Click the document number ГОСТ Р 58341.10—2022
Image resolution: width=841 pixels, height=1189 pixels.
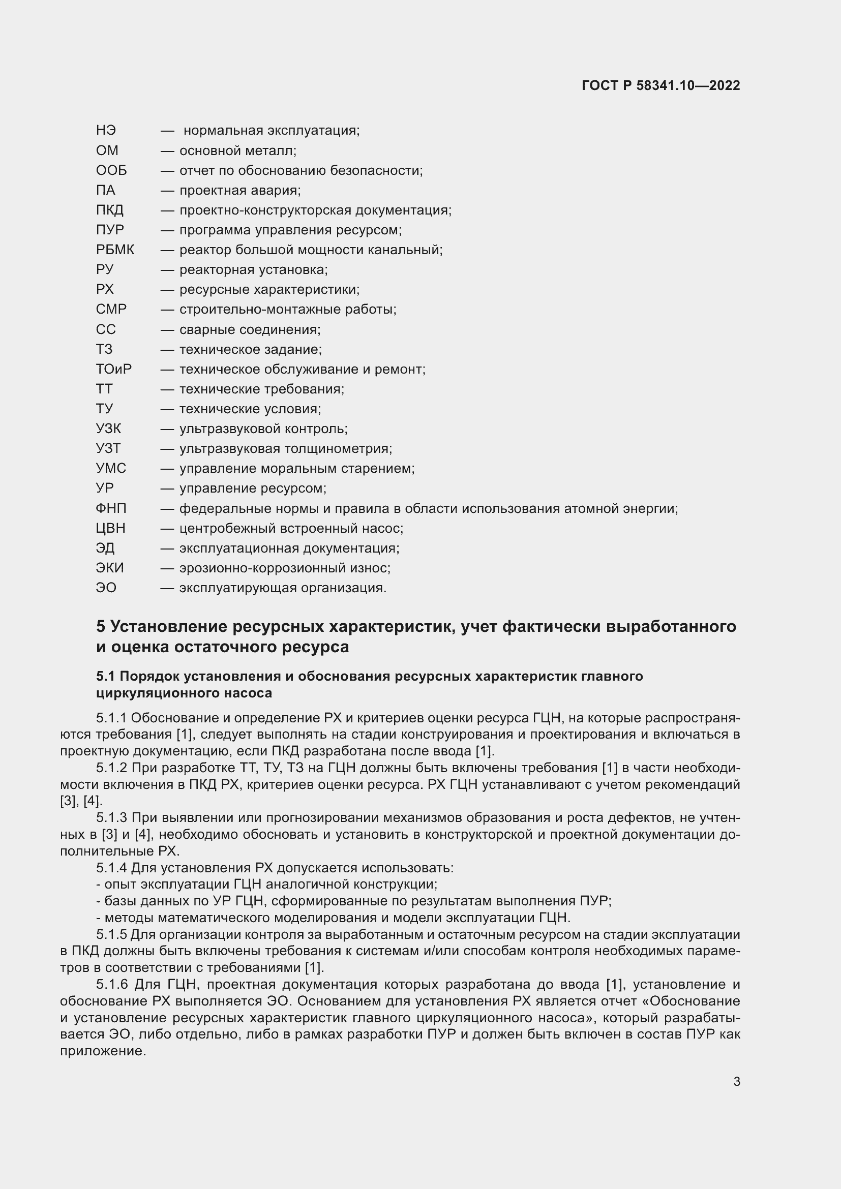(660, 85)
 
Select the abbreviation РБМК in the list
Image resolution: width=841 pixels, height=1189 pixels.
(115, 250)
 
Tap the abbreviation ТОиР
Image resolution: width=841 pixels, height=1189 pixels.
(113, 369)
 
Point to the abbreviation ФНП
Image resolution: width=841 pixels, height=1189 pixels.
(111, 508)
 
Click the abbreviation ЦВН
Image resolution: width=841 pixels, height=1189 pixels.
(110, 528)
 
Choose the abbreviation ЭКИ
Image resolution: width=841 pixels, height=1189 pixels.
(110, 568)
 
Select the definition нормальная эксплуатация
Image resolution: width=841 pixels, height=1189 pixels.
(271, 131)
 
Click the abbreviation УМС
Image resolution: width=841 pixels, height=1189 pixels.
(111, 469)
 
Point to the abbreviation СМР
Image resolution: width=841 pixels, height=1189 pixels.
(111, 309)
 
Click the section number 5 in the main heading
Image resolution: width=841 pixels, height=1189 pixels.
(101, 627)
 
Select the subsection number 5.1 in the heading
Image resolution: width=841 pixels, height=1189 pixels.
(106, 676)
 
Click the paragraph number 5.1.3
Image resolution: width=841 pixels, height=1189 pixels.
(111, 818)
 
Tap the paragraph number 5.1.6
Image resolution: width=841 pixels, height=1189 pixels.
(112, 985)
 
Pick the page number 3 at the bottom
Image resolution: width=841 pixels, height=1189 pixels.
(736, 1082)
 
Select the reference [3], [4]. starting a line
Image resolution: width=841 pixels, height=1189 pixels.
(81, 801)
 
